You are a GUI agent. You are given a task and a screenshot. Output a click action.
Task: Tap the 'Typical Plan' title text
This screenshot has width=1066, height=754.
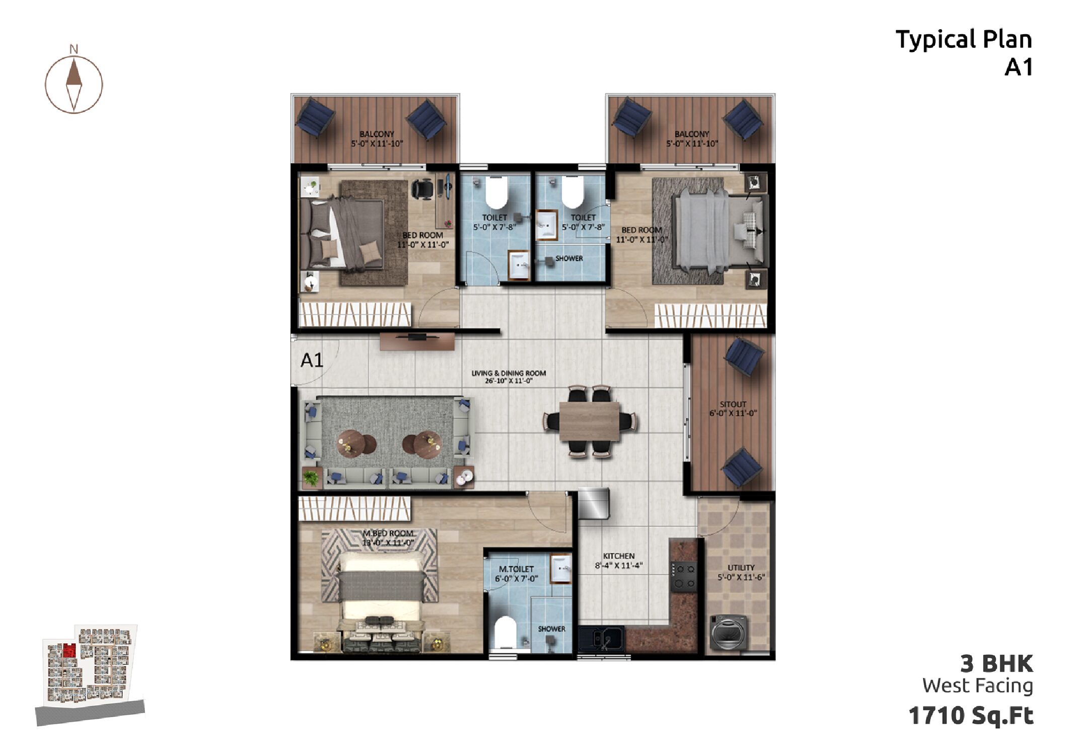pyautogui.click(x=964, y=40)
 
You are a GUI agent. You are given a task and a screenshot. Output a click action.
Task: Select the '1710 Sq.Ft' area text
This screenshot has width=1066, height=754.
pyautogui.click(x=971, y=715)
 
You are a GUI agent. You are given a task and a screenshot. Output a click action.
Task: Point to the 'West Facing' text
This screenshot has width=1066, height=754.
pyautogui.click(x=977, y=686)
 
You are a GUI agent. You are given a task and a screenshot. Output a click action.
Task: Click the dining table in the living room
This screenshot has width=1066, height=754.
pyautogui.click(x=589, y=421)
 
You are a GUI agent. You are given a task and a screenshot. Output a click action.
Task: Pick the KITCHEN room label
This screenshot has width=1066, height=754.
pyautogui.click(x=618, y=556)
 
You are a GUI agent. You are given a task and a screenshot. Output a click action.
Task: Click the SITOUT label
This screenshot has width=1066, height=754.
pyautogui.click(x=733, y=404)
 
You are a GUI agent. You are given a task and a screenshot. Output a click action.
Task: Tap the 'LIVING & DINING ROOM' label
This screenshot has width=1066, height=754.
pyautogui.click(x=509, y=373)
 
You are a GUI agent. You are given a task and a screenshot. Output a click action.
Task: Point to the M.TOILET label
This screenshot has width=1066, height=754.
pyautogui.click(x=516, y=569)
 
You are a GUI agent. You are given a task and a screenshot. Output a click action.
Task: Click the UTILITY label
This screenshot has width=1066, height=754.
pyautogui.click(x=741, y=568)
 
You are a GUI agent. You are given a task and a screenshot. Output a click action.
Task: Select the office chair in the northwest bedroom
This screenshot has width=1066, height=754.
pyautogui.click(x=422, y=189)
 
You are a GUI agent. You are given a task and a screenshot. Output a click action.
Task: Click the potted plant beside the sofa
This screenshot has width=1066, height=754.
pyautogui.click(x=311, y=477)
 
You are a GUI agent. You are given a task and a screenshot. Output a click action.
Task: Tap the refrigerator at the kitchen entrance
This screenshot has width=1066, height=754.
pyautogui.click(x=594, y=503)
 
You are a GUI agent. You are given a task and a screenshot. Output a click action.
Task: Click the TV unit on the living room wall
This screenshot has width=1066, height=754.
pyautogui.click(x=417, y=341)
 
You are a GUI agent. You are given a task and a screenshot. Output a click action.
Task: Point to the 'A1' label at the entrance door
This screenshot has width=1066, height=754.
pyautogui.click(x=312, y=360)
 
